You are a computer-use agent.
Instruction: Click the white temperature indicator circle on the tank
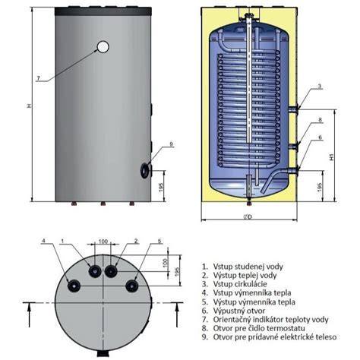[103, 46]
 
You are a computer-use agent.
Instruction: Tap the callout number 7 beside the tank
[39, 78]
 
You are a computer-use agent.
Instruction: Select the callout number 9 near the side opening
[171, 144]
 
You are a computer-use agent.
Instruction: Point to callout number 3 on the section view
[320, 86]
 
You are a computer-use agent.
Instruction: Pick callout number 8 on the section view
[320, 119]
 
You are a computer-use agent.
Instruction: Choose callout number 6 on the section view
[320, 137]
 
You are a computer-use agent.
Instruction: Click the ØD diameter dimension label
[248, 217]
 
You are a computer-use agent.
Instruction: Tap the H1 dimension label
[332, 157]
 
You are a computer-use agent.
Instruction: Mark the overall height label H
[30, 106]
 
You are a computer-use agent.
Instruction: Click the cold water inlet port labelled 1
[95, 271]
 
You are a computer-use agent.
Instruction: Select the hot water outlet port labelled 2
[111, 271]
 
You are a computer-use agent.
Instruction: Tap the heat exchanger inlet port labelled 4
[74, 286]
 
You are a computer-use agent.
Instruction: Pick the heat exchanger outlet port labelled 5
[132, 286]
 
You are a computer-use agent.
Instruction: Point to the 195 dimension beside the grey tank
[162, 186]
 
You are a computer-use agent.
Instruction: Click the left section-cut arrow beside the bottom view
[30, 314]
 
